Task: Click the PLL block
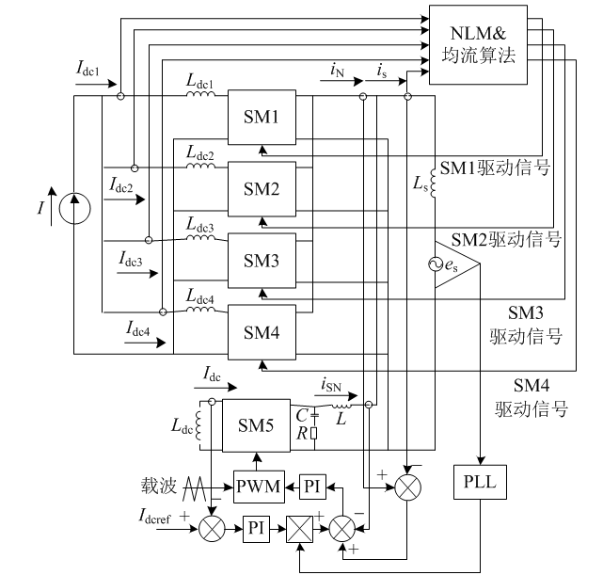click(x=480, y=485)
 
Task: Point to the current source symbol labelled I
click(x=75, y=209)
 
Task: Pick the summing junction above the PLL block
click(x=406, y=486)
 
